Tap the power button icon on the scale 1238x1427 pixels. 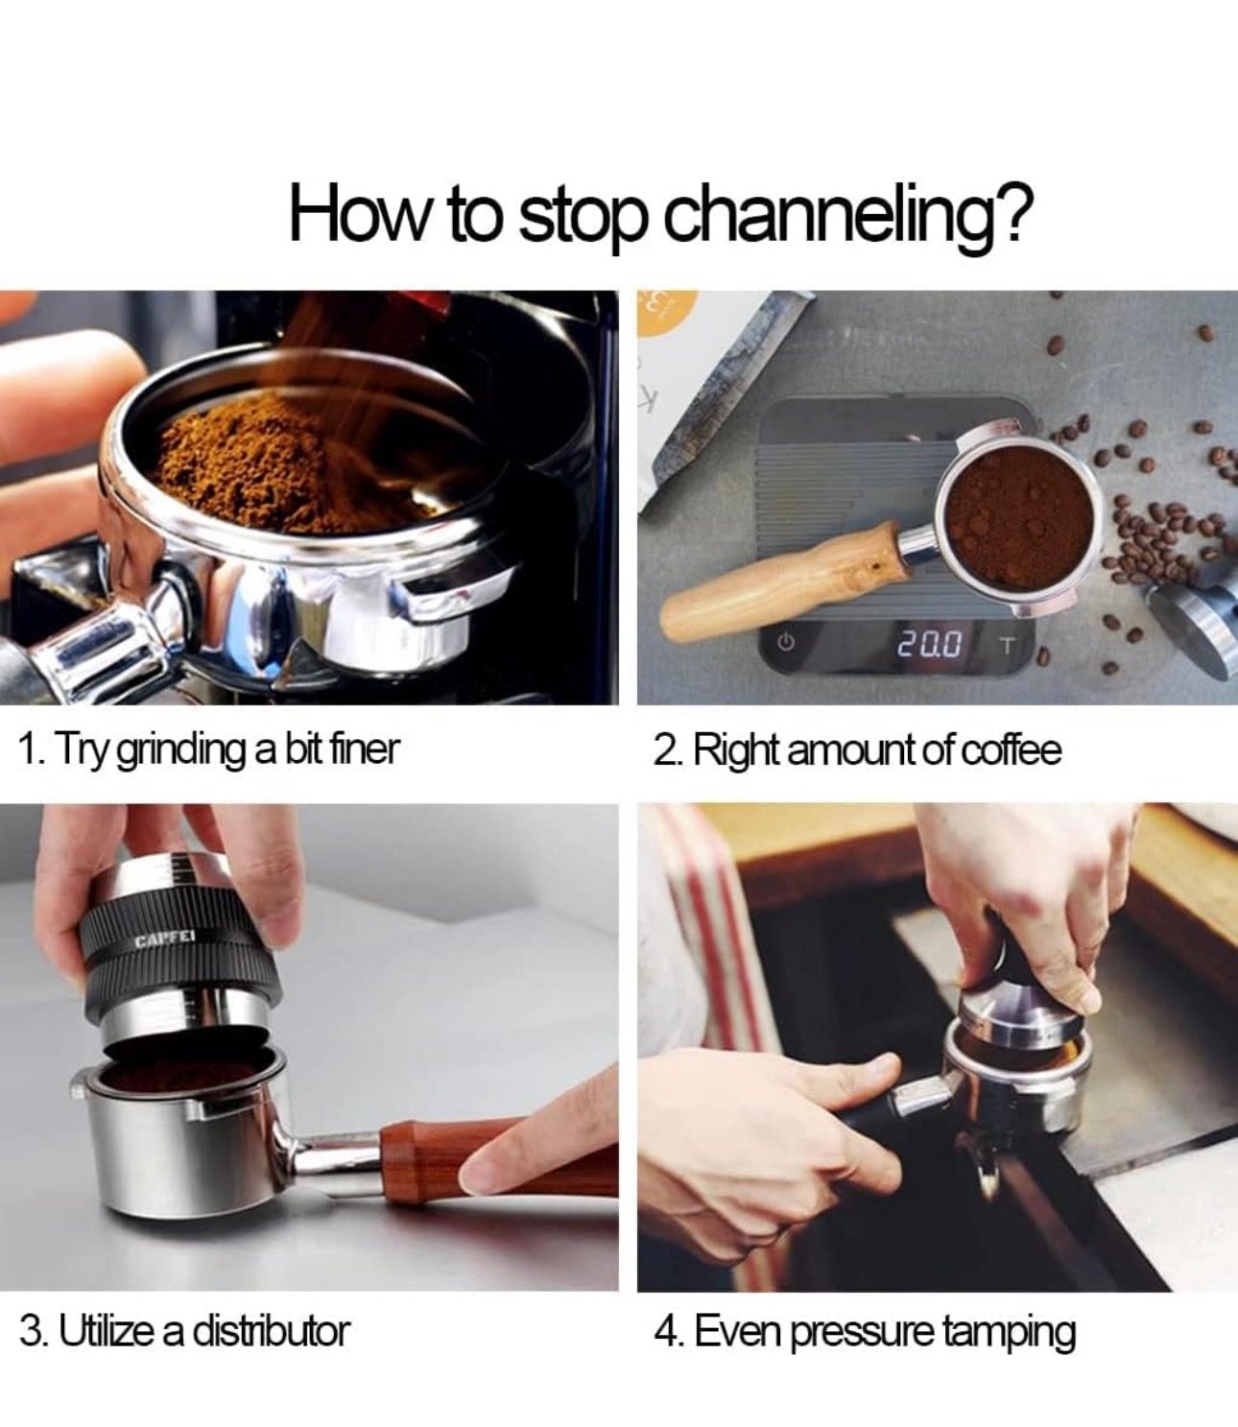785,642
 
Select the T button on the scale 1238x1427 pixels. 1007,645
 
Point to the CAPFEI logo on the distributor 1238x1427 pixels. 166,940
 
